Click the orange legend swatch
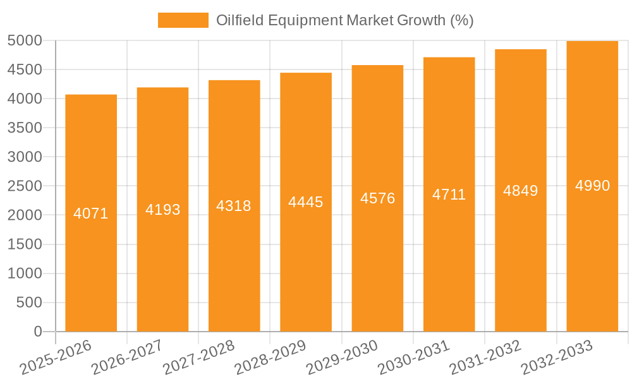tap(183, 20)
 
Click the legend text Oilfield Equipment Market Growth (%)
tap(344, 20)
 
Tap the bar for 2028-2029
tap(306, 202)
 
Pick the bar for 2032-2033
tap(592, 186)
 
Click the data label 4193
tap(162, 209)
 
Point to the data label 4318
tap(234, 205)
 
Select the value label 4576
tap(377, 198)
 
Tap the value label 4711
tap(449, 194)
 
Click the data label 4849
tap(521, 190)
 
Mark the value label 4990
tap(592, 185)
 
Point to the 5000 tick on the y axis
tap(25, 40)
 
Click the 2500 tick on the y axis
tap(25, 186)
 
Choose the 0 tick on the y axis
tap(37, 332)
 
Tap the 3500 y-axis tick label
tap(25, 128)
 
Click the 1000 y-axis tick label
tap(25, 274)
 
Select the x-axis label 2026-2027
tap(126, 358)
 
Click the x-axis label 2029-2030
tap(341, 358)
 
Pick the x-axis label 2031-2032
tap(485, 358)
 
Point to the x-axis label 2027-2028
tap(198, 358)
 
